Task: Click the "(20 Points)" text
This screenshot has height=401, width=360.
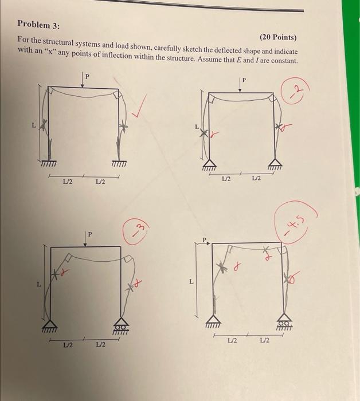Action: [278, 37]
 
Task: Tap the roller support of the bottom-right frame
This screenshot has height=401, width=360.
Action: [284, 324]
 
